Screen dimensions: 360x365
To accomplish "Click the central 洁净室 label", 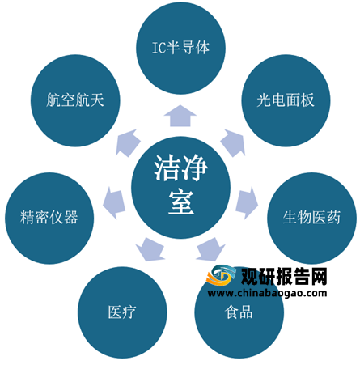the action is (x=181, y=185).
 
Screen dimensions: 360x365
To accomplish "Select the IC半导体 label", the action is (x=180, y=48).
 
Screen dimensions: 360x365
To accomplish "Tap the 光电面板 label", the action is (x=286, y=100).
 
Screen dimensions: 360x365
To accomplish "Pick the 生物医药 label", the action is (x=311, y=217).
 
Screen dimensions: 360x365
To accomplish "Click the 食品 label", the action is (x=239, y=312).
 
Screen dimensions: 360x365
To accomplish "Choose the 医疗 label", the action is (x=122, y=312).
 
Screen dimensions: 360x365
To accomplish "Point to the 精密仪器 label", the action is (x=49, y=217).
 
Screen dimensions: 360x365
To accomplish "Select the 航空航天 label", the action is (x=75, y=100).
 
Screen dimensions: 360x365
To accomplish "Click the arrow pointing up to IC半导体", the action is (x=180, y=116).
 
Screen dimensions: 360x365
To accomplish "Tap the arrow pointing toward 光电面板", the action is (x=233, y=143).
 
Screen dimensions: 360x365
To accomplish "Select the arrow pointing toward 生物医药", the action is (x=247, y=203).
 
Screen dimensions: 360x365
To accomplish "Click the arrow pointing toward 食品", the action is (x=210, y=249).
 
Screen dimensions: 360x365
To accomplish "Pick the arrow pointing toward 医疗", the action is (x=150, y=249).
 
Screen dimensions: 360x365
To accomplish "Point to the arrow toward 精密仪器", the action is (x=114, y=203).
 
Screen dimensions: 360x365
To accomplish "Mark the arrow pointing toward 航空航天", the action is (x=128, y=143).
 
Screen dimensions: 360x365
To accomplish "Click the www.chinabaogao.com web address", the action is (x=267, y=293).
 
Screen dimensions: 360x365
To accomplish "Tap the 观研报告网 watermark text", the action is (x=284, y=277).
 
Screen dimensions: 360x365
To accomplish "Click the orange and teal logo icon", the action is (x=221, y=276).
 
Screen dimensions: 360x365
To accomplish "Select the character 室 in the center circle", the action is (x=181, y=202).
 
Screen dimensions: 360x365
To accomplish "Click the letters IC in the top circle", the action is (x=159, y=48).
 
